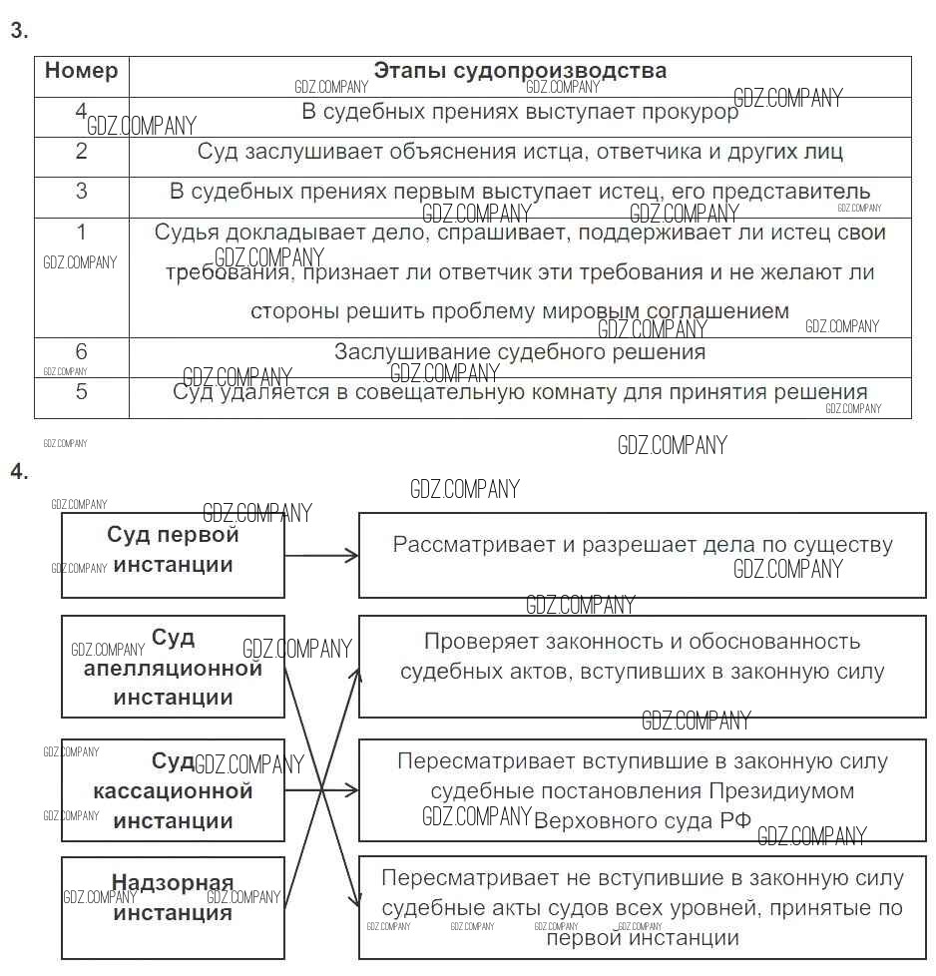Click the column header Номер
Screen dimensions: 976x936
pos(81,71)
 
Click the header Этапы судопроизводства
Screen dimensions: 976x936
pos(520,71)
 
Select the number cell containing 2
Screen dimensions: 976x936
pos(82,152)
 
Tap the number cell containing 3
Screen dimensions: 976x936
pos(82,192)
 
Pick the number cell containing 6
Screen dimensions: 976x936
pos(82,352)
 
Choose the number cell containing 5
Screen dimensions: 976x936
pos(82,392)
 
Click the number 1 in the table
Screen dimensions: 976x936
pos(82,233)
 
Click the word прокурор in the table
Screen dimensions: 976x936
pos(688,112)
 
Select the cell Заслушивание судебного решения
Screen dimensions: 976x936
pos(520,352)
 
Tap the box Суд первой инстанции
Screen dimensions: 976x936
pos(173,555)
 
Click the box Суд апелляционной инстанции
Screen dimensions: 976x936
pos(173,667)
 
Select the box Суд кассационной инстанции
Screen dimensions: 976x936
pos(173,790)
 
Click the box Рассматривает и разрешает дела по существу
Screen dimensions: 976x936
pos(643,555)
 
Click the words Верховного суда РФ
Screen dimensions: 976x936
pos(643,822)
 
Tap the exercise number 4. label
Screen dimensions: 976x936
pos(19,472)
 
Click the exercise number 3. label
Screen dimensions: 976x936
pos(19,31)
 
